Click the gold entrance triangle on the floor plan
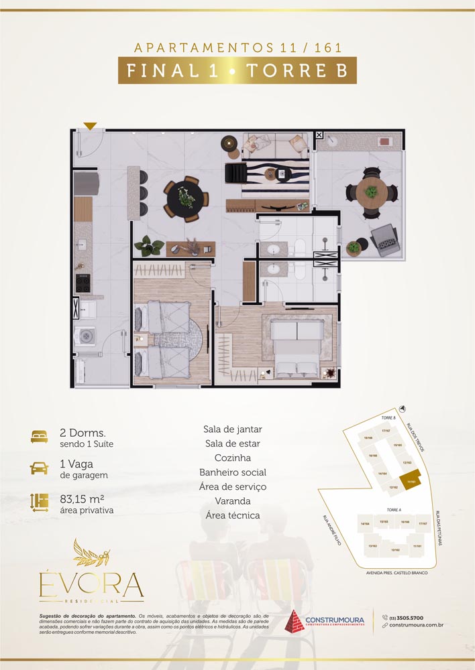point(91,125)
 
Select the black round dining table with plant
point(184,196)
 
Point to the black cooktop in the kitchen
point(83,283)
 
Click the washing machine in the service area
point(85,336)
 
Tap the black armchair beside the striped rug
point(237,173)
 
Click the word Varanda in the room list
point(232,500)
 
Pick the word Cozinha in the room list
point(232,458)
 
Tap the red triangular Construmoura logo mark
point(295,621)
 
